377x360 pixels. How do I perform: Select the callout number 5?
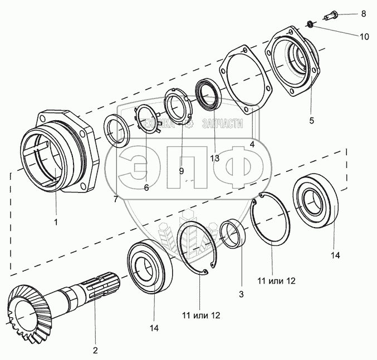(x=311, y=120)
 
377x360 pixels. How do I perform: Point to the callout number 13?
(x=215, y=158)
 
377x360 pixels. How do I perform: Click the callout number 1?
(x=56, y=222)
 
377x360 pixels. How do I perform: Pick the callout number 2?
(x=95, y=350)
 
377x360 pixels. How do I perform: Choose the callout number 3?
(x=241, y=294)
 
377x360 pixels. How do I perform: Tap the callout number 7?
(x=115, y=199)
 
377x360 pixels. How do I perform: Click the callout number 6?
(x=146, y=188)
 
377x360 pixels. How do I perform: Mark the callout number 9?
(x=181, y=171)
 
